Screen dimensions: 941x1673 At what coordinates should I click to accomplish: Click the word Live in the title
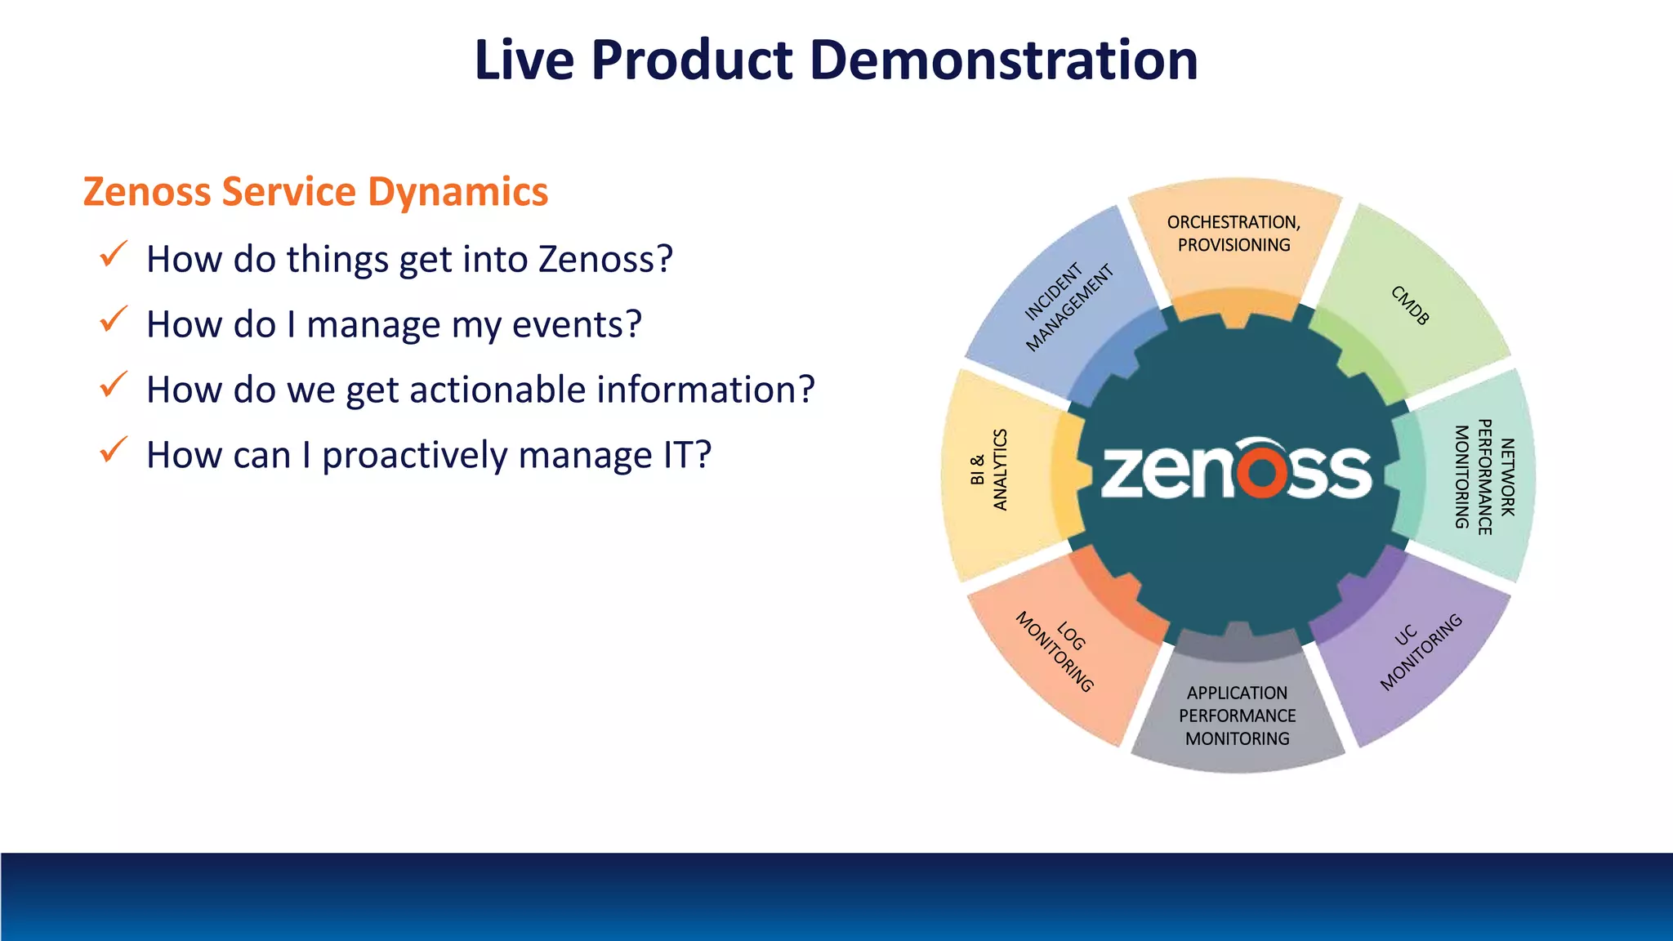(x=524, y=60)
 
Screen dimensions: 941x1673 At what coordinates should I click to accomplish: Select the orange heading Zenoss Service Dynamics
(x=315, y=192)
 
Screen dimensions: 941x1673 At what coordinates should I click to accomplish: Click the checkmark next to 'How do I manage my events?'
(x=113, y=319)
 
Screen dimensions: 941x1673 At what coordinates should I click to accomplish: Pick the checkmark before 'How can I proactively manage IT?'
(x=113, y=450)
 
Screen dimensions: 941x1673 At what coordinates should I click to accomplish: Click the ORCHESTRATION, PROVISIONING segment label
(x=1234, y=234)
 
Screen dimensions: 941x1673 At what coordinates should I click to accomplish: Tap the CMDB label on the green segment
(x=1410, y=305)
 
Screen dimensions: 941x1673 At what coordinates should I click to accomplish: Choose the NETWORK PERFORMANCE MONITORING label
(x=1484, y=476)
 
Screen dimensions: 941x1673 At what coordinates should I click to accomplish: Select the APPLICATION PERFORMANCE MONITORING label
(x=1237, y=716)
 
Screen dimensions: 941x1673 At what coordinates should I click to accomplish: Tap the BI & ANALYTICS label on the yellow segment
(x=989, y=470)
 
